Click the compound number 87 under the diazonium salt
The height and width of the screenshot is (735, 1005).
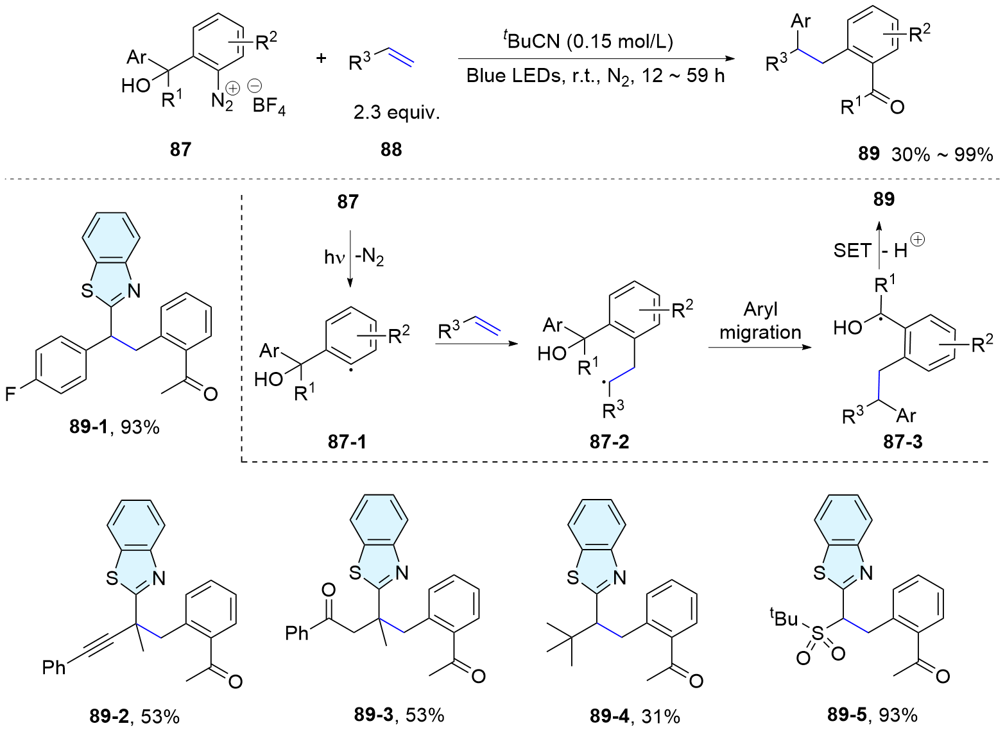pos(180,149)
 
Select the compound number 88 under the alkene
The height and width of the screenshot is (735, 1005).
pos(391,149)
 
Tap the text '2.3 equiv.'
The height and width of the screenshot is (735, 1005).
pos(397,113)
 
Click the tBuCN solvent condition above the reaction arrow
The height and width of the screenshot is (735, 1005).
pos(587,41)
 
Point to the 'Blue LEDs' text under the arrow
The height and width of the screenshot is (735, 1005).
pos(507,76)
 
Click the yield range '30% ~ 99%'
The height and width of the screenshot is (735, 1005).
pos(941,154)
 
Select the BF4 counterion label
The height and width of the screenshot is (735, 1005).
pos(269,105)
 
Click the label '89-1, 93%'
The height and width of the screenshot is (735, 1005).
pos(114,427)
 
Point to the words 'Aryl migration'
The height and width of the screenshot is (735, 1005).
pos(760,321)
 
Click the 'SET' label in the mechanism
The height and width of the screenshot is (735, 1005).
pos(852,250)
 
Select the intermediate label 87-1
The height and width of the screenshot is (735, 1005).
pos(347,442)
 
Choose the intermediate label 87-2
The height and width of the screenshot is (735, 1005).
pos(609,442)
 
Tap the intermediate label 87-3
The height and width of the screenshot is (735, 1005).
pos(902,442)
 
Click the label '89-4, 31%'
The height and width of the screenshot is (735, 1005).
pos(635,716)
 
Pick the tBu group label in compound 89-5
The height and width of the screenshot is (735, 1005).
pos(784,618)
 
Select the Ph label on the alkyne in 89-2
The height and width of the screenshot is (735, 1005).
pos(54,668)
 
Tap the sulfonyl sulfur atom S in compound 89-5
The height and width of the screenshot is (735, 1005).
pos(816,634)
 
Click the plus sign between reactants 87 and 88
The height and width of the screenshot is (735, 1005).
pos(322,58)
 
